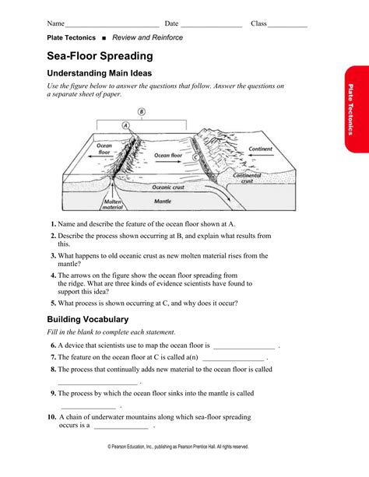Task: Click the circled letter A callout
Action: [x=126, y=125]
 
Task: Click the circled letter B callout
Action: [x=142, y=111]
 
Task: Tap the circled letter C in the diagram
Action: [x=195, y=157]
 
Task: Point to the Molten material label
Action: [x=112, y=205]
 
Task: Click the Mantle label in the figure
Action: [x=163, y=201]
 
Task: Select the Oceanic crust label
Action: [x=168, y=188]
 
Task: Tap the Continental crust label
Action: [x=247, y=178]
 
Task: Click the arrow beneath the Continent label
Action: [x=261, y=156]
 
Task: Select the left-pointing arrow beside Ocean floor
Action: [x=100, y=156]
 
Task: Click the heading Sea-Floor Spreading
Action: [x=100, y=56]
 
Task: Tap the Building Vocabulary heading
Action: [x=88, y=319]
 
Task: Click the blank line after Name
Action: [x=112, y=27]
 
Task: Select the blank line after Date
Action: [x=212, y=27]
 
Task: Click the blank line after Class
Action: [x=287, y=27]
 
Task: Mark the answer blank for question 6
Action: [x=244, y=349]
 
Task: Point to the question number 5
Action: [x=54, y=303]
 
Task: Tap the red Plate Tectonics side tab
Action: [x=357, y=109]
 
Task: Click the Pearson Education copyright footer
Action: [x=178, y=447]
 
